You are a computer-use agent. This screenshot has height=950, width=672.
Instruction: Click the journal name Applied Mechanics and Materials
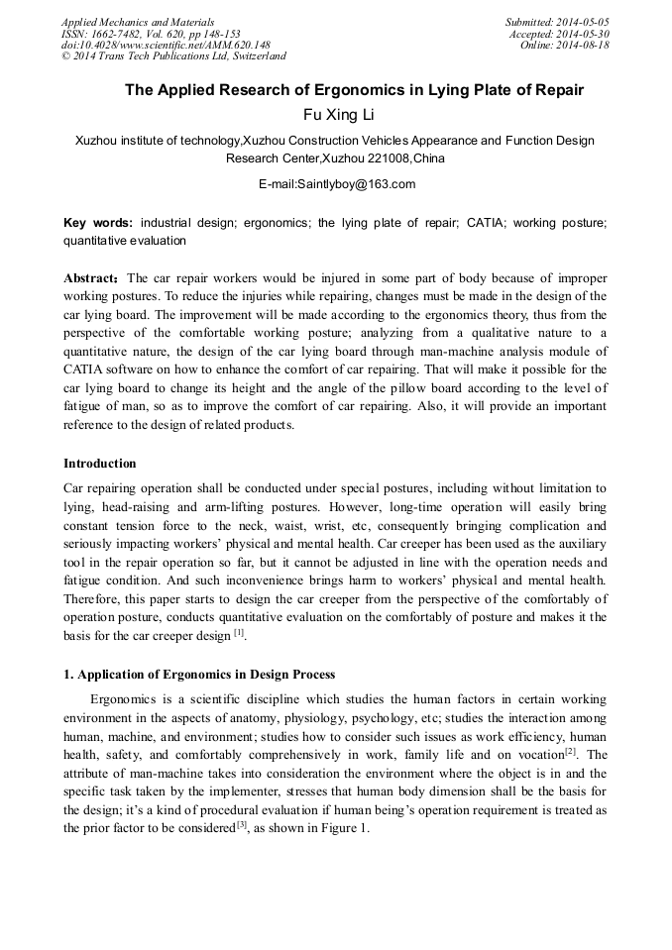(x=138, y=22)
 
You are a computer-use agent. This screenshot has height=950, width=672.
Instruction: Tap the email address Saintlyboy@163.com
(x=336, y=184)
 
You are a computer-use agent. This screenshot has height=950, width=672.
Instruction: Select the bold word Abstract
(x=91, y=278)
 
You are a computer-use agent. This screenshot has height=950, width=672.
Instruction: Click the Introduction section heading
(x=100, y=464)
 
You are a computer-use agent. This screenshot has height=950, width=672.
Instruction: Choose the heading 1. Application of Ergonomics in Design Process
(x=199, y=675)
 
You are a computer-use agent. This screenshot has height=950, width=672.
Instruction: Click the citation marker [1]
(x=239, y=632)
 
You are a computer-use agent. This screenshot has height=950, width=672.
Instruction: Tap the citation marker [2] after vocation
(x=570, y=752)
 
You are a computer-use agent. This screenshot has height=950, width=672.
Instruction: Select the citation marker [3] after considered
(x=241, y=824)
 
